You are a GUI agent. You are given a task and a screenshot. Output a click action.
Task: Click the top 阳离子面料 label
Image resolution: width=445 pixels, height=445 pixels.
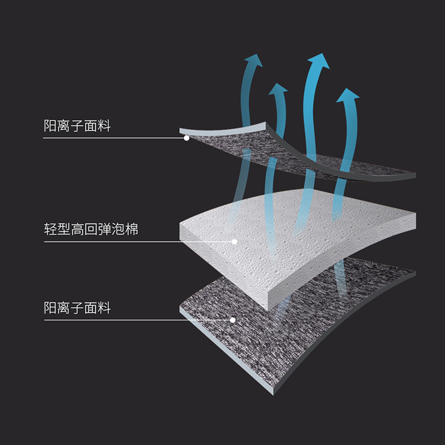point(77,126)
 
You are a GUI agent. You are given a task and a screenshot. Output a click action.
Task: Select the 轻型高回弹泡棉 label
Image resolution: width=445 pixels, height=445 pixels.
point(91,229)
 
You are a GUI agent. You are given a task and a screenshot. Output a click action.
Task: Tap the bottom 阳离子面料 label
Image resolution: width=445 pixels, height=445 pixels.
point(77,308)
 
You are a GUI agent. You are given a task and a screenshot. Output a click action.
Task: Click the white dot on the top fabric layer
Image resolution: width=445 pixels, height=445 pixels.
point(187,137)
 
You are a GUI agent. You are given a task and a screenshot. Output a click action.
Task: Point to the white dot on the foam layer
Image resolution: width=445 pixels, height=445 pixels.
point(235,241)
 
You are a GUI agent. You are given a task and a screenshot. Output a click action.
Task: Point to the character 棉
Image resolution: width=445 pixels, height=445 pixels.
point(131,229)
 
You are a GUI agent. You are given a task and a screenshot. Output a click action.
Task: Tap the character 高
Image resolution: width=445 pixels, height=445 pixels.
point(77,229)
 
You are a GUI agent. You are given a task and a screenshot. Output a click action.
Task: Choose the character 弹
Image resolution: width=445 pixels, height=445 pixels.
point(105,229)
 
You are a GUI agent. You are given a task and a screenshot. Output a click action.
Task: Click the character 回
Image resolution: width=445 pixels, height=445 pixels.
point(91,229)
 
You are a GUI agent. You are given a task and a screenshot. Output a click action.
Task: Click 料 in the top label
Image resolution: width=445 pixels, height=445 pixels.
point(105,126)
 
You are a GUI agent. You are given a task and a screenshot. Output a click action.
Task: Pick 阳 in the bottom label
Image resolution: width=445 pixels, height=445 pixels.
point(51,308)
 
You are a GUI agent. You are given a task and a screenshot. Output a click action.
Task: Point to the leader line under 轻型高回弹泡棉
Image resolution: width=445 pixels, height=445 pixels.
point(139,241)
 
